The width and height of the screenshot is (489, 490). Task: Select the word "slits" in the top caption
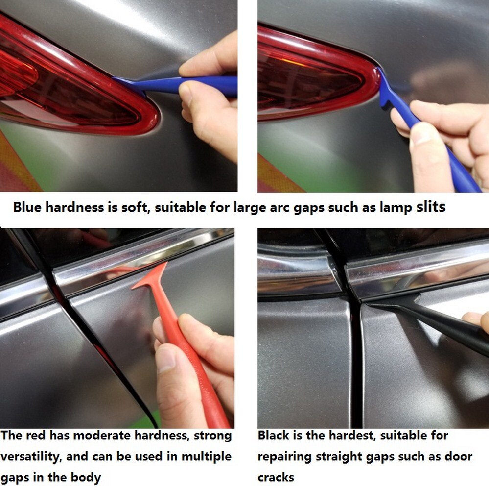(431, 207)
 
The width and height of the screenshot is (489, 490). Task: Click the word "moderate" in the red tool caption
(97, 435)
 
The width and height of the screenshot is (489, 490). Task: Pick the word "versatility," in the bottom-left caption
(31, 457)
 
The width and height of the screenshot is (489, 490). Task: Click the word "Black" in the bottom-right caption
(274, 435)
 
